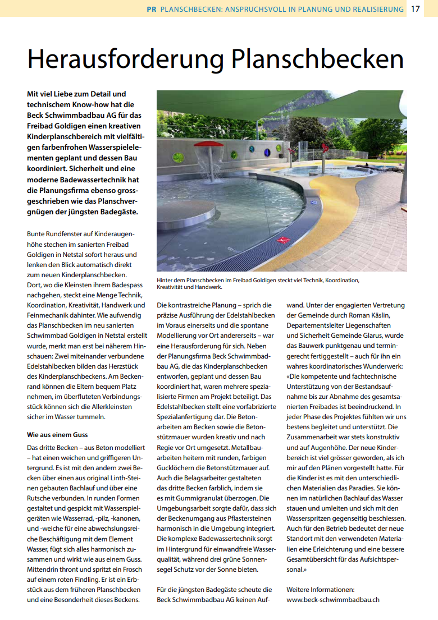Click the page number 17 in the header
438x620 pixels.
(x=416, y=9)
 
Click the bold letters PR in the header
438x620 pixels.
(x=151, y=10)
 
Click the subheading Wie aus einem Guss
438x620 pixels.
(x=57, y=434)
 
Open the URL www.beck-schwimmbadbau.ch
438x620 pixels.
(x=332, y=599)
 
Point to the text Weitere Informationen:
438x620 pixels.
(x=320, y=589)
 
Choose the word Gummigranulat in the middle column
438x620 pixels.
(x=204, y=498)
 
